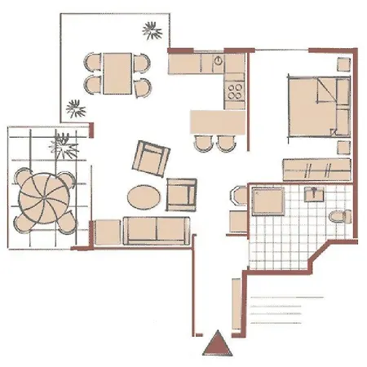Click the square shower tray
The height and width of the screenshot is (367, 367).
[267, 203]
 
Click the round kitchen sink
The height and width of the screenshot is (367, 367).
[219, 62]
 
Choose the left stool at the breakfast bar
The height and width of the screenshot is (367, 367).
[202, 143]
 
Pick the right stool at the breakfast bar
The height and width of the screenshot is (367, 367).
[224, 143]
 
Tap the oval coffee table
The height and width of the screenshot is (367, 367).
[144, 197]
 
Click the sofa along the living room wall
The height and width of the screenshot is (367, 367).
[155, 230]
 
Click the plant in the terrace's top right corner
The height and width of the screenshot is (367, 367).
[152, 32]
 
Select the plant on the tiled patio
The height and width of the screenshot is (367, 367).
[62, 144]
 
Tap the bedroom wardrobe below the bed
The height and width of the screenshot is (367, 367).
[316, 170]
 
